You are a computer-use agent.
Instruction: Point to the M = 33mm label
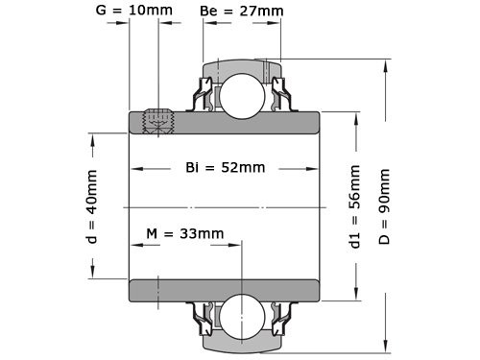pos(184,234)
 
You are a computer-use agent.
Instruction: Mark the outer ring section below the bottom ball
pos(240,342)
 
